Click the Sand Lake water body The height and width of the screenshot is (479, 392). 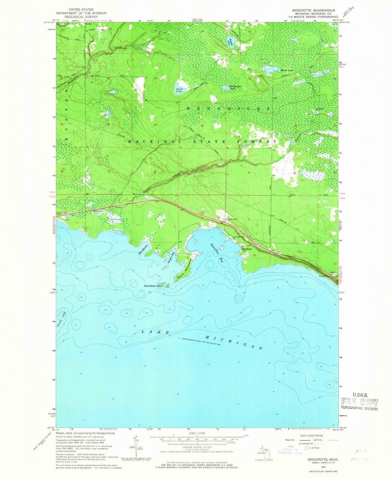[x=181, y=88]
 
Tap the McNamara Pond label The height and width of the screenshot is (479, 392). [x=234, y=88]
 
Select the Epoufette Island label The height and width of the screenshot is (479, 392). [x=153, y=286]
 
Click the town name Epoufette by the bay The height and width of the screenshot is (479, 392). [x=247, y=249]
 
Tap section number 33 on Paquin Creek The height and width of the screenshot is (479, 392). [x=204, y=170]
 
